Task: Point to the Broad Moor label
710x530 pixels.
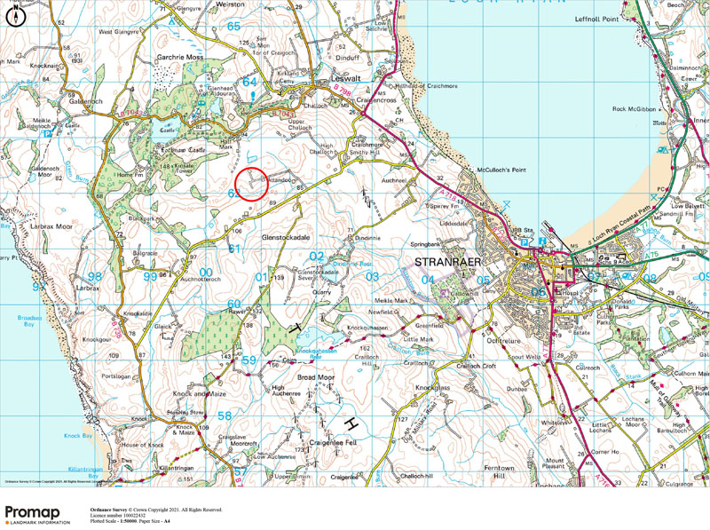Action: pyautogui.click(x=315, y=377)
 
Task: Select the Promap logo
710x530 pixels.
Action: pyautogui.click(x=36, y=515)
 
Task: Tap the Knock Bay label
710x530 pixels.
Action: pyautogui.click(x=78, y=436)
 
